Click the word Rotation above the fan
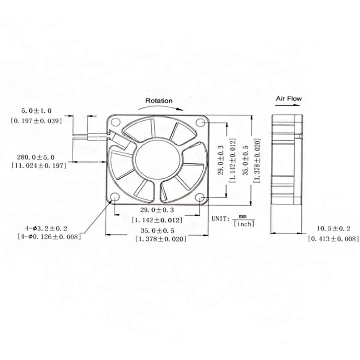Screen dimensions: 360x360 (159, 101)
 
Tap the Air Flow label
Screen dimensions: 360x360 (288, 98)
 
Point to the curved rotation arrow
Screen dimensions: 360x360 (158, 108)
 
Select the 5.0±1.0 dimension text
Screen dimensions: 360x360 (36, 111)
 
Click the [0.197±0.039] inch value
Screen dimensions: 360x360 (36, 120)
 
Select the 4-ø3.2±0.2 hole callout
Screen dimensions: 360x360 (46, 228)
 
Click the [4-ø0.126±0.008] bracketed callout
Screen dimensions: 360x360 (49, 237)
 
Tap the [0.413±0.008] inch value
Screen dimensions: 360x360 (333, 239)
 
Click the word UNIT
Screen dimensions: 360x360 (220, 219)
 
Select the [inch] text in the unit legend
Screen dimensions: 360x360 (244, 224)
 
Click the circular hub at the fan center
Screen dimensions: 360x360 (157, 158)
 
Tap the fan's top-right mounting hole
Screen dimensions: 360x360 (200, 122)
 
